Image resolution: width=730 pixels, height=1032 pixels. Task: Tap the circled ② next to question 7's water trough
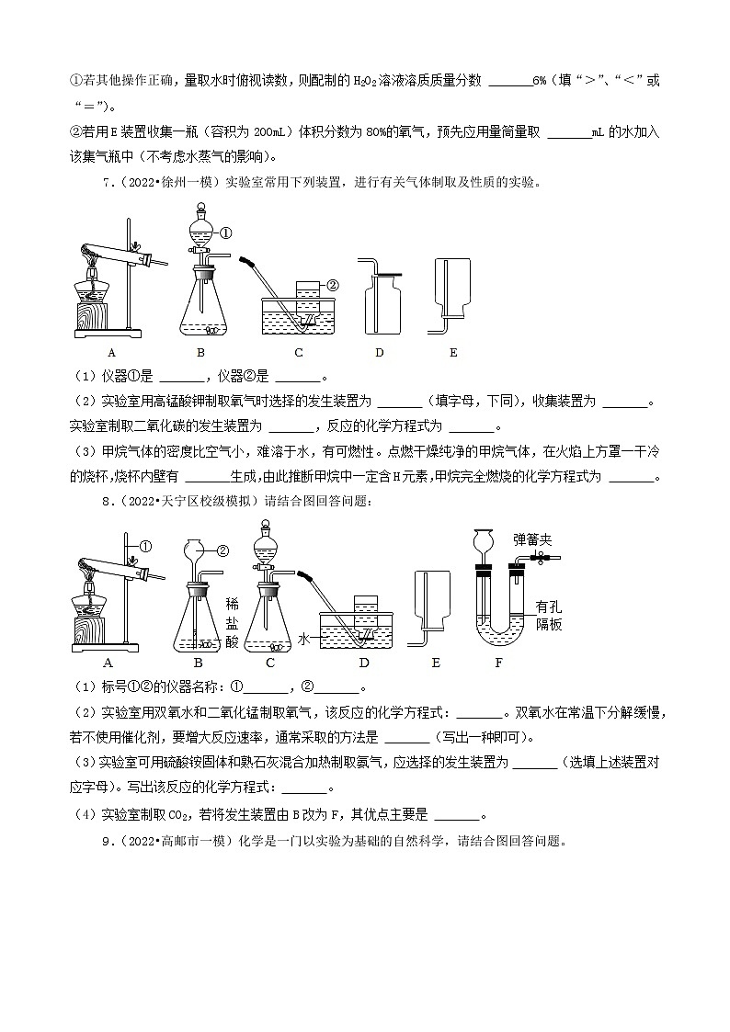pos(333,285)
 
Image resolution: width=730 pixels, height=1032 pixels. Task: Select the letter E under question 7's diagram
pos(453,352)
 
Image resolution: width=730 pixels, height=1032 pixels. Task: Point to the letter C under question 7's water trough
pos(299,352)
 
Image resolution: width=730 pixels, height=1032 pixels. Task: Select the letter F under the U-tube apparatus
pos(499,663)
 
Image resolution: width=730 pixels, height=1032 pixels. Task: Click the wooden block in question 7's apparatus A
pos(90,314)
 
